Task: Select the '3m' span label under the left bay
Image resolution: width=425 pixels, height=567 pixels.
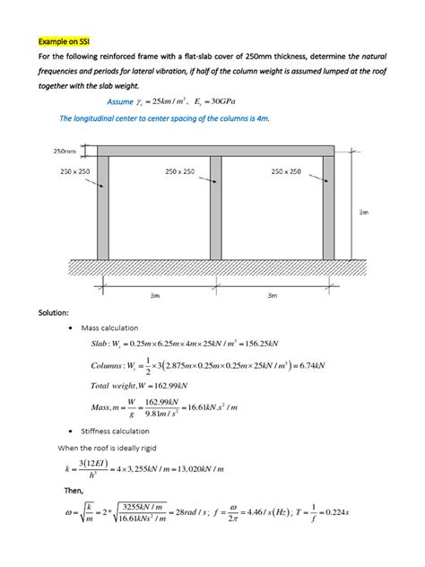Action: coord(156,294)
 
